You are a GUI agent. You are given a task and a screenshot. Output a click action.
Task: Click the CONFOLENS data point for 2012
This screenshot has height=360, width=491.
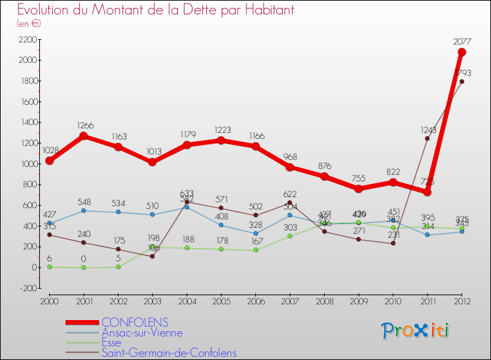point(462,52)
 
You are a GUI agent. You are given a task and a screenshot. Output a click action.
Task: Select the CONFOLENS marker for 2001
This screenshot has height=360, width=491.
point(84,136)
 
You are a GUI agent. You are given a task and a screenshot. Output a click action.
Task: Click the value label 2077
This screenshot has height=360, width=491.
point(462,42)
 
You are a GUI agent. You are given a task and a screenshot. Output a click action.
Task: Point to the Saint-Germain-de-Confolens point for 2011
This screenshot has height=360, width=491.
point(427,138)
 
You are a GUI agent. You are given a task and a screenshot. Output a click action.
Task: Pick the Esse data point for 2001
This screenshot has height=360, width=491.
point(84,267)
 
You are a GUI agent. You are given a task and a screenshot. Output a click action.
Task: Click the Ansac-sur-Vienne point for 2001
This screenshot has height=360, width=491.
point(84,211)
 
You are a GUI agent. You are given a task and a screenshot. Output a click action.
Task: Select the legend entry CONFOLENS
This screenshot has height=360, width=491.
point(134,322)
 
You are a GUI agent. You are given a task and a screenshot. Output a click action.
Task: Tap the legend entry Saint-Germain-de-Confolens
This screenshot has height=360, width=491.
point(168,353)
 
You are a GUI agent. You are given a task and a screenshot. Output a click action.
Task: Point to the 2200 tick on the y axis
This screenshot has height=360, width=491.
point(27,39)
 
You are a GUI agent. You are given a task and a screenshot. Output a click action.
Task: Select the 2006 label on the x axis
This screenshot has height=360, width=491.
point(255,300)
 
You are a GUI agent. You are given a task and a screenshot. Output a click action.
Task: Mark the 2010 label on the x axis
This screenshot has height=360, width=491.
point(393,300)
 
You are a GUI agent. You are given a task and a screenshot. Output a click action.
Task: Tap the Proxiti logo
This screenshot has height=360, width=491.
point(416,331)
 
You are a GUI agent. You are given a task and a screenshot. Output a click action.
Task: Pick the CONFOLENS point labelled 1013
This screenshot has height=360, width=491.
point(153,162)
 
